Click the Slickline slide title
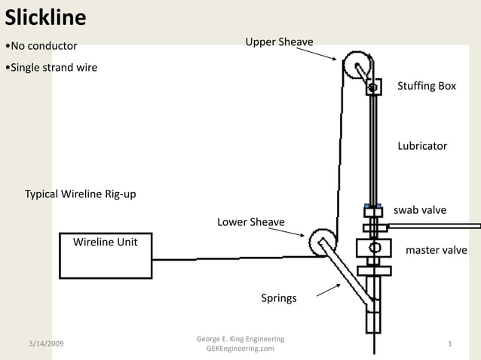coord(45,17)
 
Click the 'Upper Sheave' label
coord(279,41)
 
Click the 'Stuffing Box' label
coord(427,86)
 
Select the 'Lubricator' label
coord(422,145)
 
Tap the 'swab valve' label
coord(420,209)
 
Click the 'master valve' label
coord(436,250)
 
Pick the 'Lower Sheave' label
coord(251,222)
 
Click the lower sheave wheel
coord(320,243)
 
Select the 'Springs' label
coord(279,298)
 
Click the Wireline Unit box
coord(105,255)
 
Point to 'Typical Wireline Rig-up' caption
coord(81,194)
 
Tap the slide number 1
coord(449,343)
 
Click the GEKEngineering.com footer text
coord(240,349)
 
